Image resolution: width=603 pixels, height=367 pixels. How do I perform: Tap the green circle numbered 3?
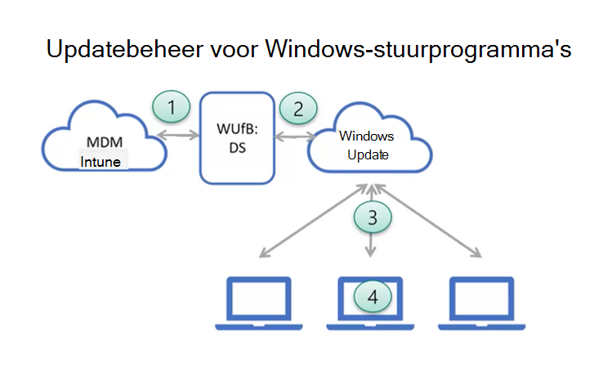point(373,217)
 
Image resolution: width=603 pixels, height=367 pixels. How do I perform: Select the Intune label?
point(100,162)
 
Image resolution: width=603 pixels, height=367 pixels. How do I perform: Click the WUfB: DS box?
point(236,137)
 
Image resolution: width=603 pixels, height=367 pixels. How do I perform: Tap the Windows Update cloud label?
point(367,145)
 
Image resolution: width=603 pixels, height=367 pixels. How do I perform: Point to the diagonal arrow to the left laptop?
point(310,222)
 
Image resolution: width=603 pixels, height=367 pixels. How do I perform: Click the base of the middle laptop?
point(373,324)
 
